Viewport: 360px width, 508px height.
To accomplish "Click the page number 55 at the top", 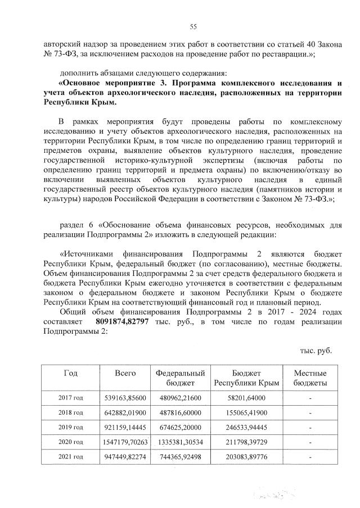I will [x=192, y=27].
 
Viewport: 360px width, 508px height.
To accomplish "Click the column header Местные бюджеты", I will [x=310, y=378].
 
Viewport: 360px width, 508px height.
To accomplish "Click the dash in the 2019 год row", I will [x=310, y=427].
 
